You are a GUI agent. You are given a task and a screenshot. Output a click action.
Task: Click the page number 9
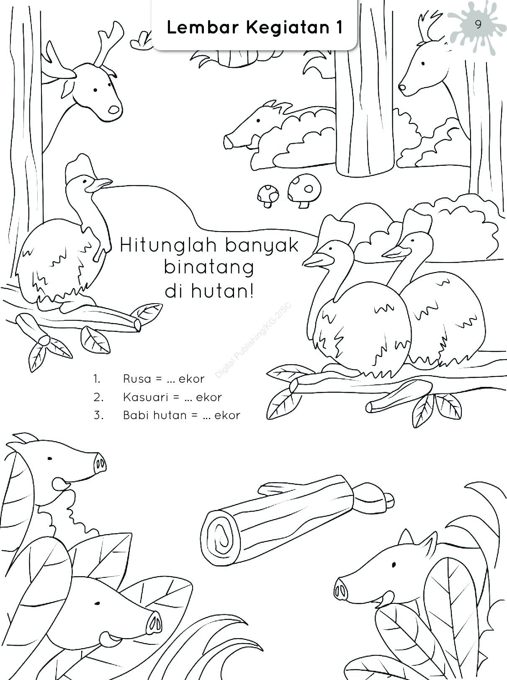point(479,24)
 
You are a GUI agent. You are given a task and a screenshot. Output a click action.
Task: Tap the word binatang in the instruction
point(209,268)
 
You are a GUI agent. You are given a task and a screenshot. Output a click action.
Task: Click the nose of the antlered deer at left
point(113,109)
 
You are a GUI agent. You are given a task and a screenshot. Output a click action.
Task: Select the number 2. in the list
point(98,397)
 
